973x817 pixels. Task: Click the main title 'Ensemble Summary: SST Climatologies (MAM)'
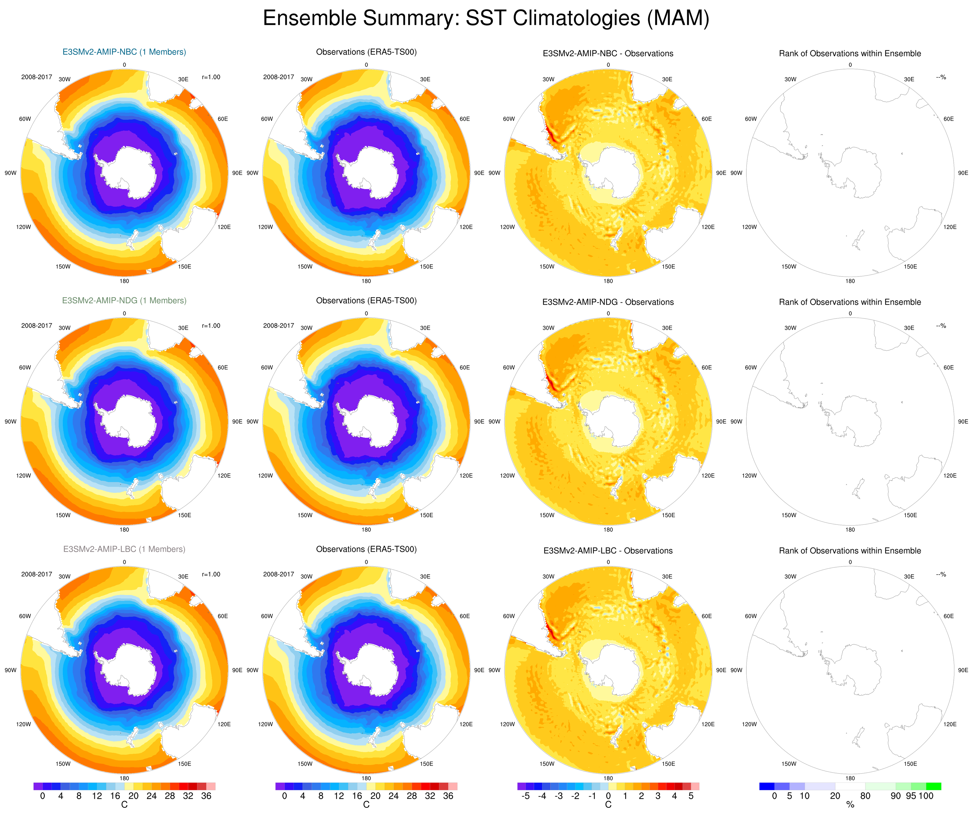pyautogui.click(x=486, y=19)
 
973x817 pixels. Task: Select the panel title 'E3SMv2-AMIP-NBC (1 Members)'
pyautogui.click(x=124, y=52)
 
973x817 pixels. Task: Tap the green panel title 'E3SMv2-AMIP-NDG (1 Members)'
pyautogui.click(x=124, y=300)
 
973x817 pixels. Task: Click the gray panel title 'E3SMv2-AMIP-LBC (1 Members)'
pyautogui.click(x=124, y=549)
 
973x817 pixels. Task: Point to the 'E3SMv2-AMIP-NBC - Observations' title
pyautogui.click(x=608, y=53)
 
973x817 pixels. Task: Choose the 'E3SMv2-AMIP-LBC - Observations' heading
pyautogui.click(x=608, y=550)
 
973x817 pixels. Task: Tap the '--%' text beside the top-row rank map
pyautogui.click(x=941, y=77)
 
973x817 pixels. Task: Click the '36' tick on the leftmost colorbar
pyautogui.click(x=206, y=796)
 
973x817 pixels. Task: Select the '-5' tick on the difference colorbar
pyautogui.click(x=525, y=796)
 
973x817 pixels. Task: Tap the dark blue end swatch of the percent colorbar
pyautogui.click(x=767, y=786)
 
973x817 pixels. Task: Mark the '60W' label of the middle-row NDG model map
pyautogui.click(x=25, y=367)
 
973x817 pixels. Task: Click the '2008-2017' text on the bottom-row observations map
pyautogui.click(x=278, y=574)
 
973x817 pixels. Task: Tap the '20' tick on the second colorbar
pyautogui.click(x=375, y=796)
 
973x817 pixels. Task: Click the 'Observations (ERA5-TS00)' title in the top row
pyautogui.click(x=366, y=52)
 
